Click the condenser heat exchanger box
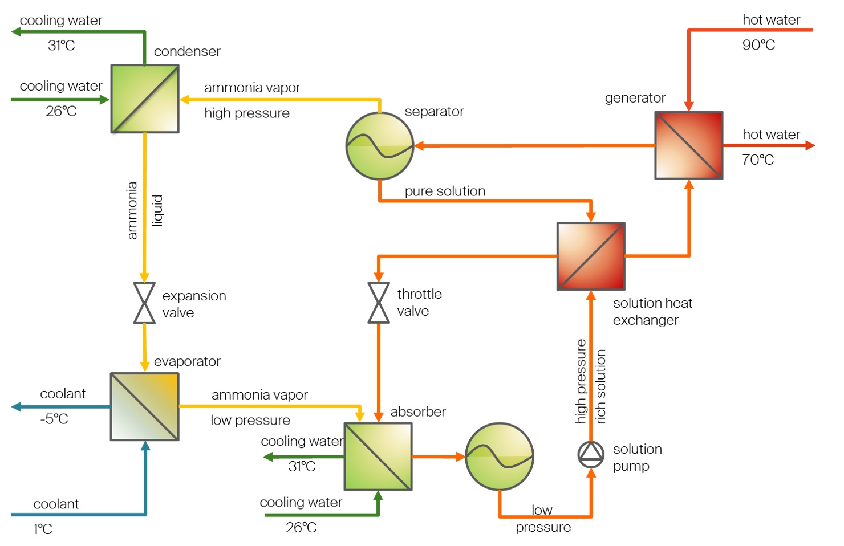click(145, 99)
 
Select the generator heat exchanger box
click(688, 145)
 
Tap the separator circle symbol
click(380, 146)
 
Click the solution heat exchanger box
click(591, 256)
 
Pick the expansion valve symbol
click(144, 303)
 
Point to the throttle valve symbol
click(379, 303)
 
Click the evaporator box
click(145, 406)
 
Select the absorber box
click(378, 456)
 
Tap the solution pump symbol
click(591, 454)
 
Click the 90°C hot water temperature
click(758, 45)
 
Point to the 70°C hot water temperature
click(758, 160)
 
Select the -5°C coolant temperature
click(54, 419)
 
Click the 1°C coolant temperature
click(43, 529)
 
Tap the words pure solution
click(445, 191)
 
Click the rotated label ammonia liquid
click(144, 210)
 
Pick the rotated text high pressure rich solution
click(590, 382)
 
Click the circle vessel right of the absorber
click(500, 456)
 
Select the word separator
click(434, 111)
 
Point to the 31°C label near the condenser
click(62, 46)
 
